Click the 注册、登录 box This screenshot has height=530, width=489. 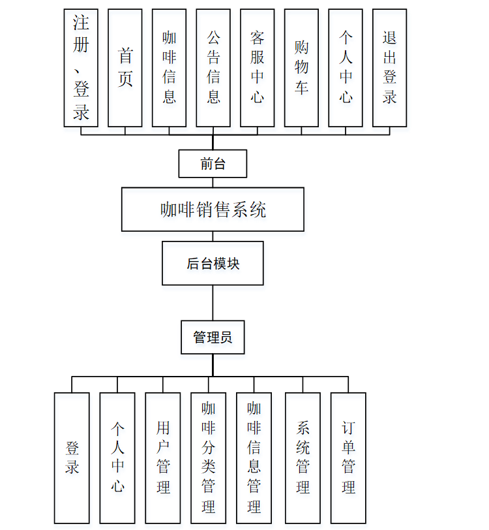81,68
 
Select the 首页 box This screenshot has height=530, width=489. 125,68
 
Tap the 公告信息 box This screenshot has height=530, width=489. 213,68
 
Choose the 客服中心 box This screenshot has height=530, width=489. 258,68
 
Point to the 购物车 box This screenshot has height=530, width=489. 301,68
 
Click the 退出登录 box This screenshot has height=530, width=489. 390,68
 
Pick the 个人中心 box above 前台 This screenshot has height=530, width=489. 346,68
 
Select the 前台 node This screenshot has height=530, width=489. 213,164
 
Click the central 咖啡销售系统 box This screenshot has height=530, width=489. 213,210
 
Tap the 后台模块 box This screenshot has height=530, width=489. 213,263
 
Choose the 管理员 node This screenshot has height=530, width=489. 213,338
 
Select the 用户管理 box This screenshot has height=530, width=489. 163,458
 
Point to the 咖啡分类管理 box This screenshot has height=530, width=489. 209,458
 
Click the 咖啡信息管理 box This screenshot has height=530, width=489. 254,458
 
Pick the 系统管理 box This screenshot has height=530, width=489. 303,458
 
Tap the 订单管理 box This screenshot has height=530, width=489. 348,458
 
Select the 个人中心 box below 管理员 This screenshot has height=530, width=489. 117,458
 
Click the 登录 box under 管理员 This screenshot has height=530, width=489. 72,458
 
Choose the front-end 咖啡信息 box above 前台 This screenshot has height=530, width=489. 170,68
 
